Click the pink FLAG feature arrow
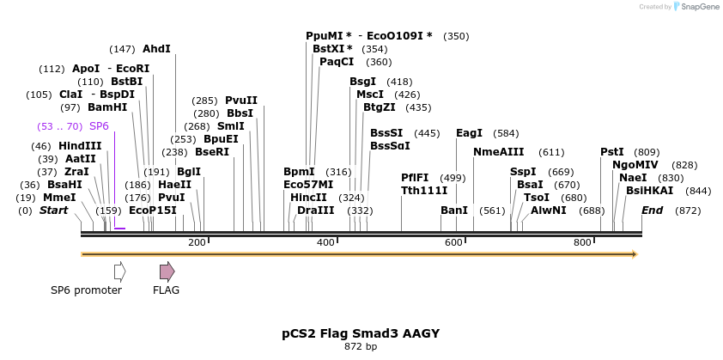pyautogui.click(x=167, y=272)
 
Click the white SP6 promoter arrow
pyautogui.click(x=119, y=272)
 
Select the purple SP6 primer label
pyautogui.click(x=99, y=125)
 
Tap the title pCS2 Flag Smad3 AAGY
pyautogui.click(x=361, y=333)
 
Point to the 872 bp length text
pyautogui.click(x=361, y=347)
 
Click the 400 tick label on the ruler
pyautogui.click(x=325, y=243)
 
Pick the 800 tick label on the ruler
pyautogui.click(x=582, y=243)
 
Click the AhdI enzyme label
pyautogui.click(x=156, y=49)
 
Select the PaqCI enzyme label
pyautogui.click(x=337, y=62)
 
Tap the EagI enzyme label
pyautogui.click(x=469, y=133)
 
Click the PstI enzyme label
pyautogui.click(x=611, y=152)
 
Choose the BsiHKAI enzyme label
pyautogui.click(x=649, y=190)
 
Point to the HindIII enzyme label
pyautogui.click(x=79, y=146)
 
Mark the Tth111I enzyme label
pyautogui.click(x=424, y=190)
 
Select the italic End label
pyautogui.click(x=652, y=210)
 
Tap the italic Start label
pyautogui.click(x=53, y=210)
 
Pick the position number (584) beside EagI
pyautogui.click(x=507, y=133)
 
